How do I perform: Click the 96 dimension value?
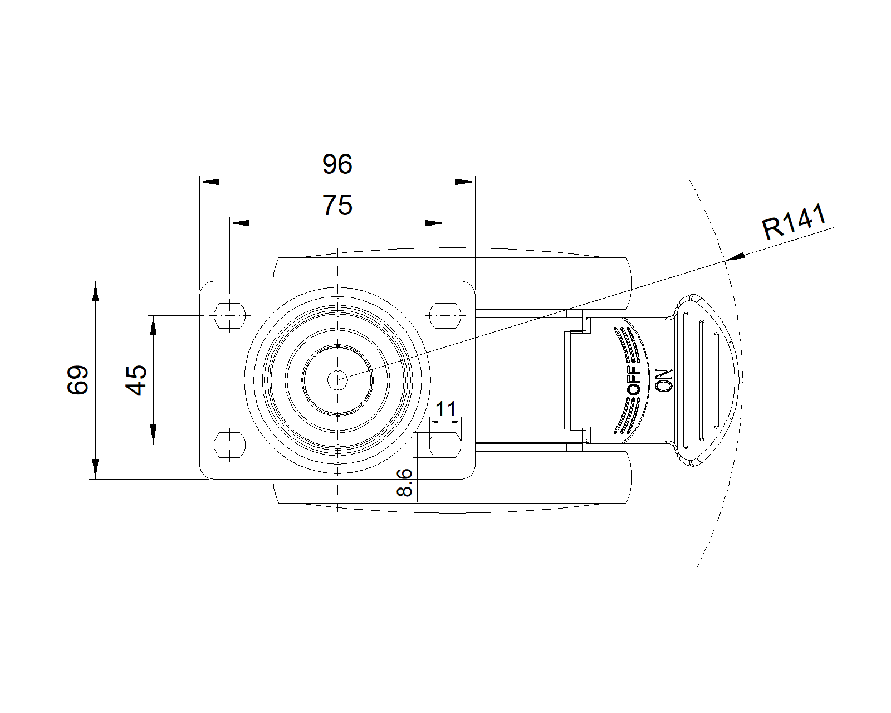337,164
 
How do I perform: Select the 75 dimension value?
337,206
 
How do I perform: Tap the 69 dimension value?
79,380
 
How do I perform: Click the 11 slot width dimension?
445,409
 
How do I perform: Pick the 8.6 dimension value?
405,482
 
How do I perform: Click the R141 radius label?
794,222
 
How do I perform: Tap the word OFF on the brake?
634,380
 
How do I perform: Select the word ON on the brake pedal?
664,380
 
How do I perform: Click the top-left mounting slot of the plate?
229,315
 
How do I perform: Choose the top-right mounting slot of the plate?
445,315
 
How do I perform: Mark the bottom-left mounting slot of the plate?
229,445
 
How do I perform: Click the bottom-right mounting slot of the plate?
445,445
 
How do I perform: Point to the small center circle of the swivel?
337,380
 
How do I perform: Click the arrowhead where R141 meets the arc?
735,257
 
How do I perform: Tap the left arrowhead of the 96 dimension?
209,182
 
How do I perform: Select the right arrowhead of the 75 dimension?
435,223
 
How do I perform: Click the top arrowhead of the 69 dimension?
96,291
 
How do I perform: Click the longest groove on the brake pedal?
687,380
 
